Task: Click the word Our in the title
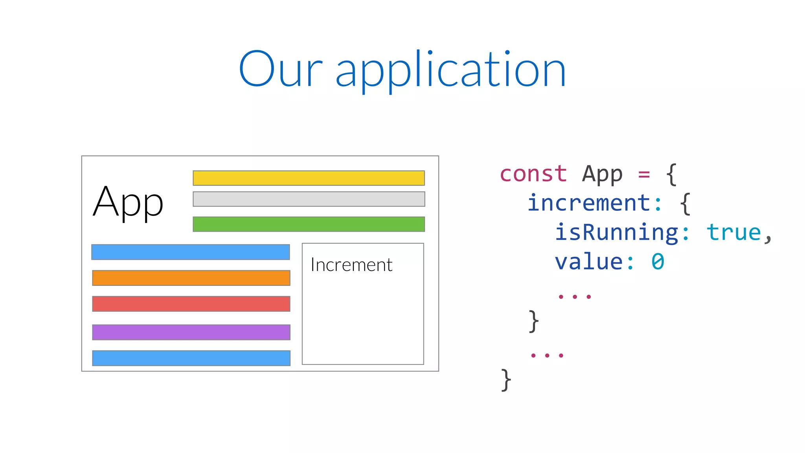pyautogui.click(x=281, y=70)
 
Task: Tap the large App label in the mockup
pyautogui.click(x=128, y=203)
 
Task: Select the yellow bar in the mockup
pyautogui.click(x=309, y=178)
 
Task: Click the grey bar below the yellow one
pyautogui.click(x=309, y=199)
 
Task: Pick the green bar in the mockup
pyautogui.click(x=309, y=224)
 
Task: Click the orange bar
pyautogui.click(x=191, y=278)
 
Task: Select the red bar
pyautogui.click(x=191, y=304)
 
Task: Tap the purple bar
pyautogui.click(x=191, y=332)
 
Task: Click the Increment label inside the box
pyautogui.click(x=351, y=265)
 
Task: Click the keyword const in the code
pyautogui.click(x=533, y=174)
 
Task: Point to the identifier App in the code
pyautogui.click(x=602, y=175)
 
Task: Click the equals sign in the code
pyautogui.click(x=644, y=174)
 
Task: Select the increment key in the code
pyautogui.click(x=588, y=203)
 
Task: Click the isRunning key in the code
pyautogui.click(x=616, y=232)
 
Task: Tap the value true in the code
pyautogui.click(x=733, y=232)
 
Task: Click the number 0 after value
pyautogui.click(x=658, y=262)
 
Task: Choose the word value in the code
pyautogui.click(x=588, y=262)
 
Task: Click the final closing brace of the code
pyautogui.click(x=506, y=380)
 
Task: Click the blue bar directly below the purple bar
pyautogui.click(x=191, y=358)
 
